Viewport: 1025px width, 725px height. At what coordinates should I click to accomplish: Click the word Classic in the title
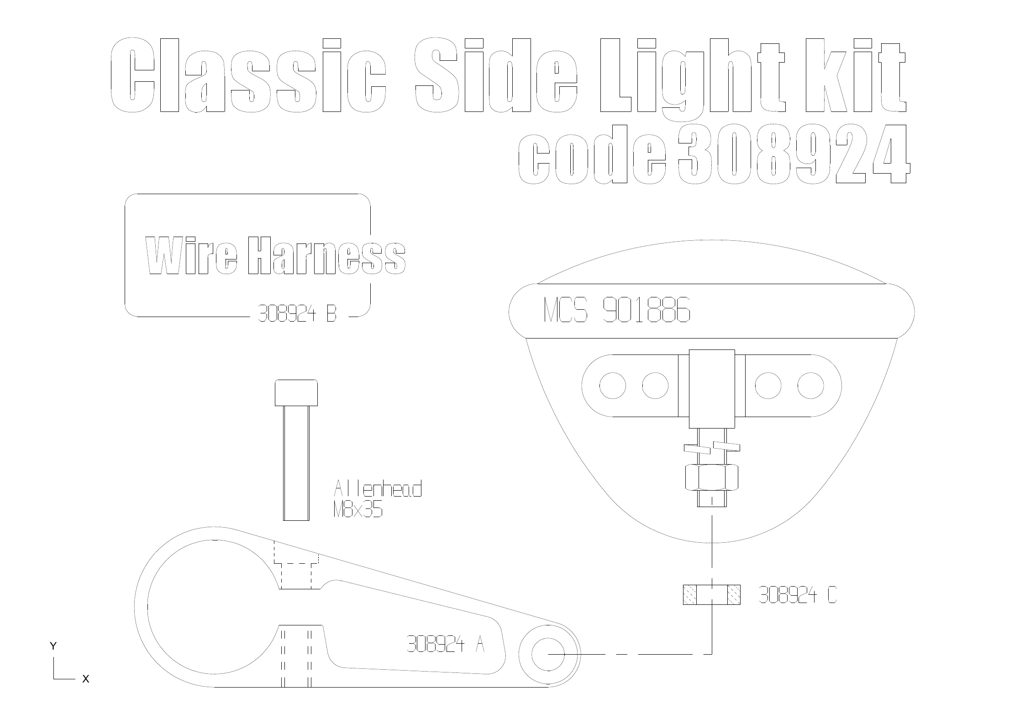tap(248, 75)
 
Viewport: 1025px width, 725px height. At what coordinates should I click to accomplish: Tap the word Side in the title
tap(496, 75)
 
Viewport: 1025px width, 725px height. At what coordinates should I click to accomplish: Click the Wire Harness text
tap(275, 255)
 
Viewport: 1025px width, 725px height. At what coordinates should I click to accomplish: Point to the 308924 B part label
tap(297, 314)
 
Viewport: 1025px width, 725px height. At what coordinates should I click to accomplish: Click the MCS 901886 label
tap(617, 310)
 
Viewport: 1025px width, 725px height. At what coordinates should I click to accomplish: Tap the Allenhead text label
tap(378, 489)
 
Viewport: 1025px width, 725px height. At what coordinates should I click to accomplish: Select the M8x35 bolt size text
tap(358, 510)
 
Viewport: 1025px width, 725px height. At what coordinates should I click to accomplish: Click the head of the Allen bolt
tap(296, 393)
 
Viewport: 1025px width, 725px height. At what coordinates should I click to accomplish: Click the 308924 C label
tap(798, 595)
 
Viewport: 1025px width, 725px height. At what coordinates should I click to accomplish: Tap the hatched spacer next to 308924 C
tap(711, 595)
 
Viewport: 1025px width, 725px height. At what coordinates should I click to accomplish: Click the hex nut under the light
tap(711, 477)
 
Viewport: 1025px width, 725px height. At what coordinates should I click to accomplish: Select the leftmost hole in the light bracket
tap(612, 386)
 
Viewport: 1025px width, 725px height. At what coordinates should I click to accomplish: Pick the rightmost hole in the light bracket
tap(811, 386)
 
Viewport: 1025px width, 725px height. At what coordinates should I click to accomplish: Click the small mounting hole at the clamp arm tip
tap(548, 654)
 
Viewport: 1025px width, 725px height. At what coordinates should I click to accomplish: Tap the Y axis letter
tap(53, 646)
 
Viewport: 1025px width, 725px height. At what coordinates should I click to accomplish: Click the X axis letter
tap(85, 679)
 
